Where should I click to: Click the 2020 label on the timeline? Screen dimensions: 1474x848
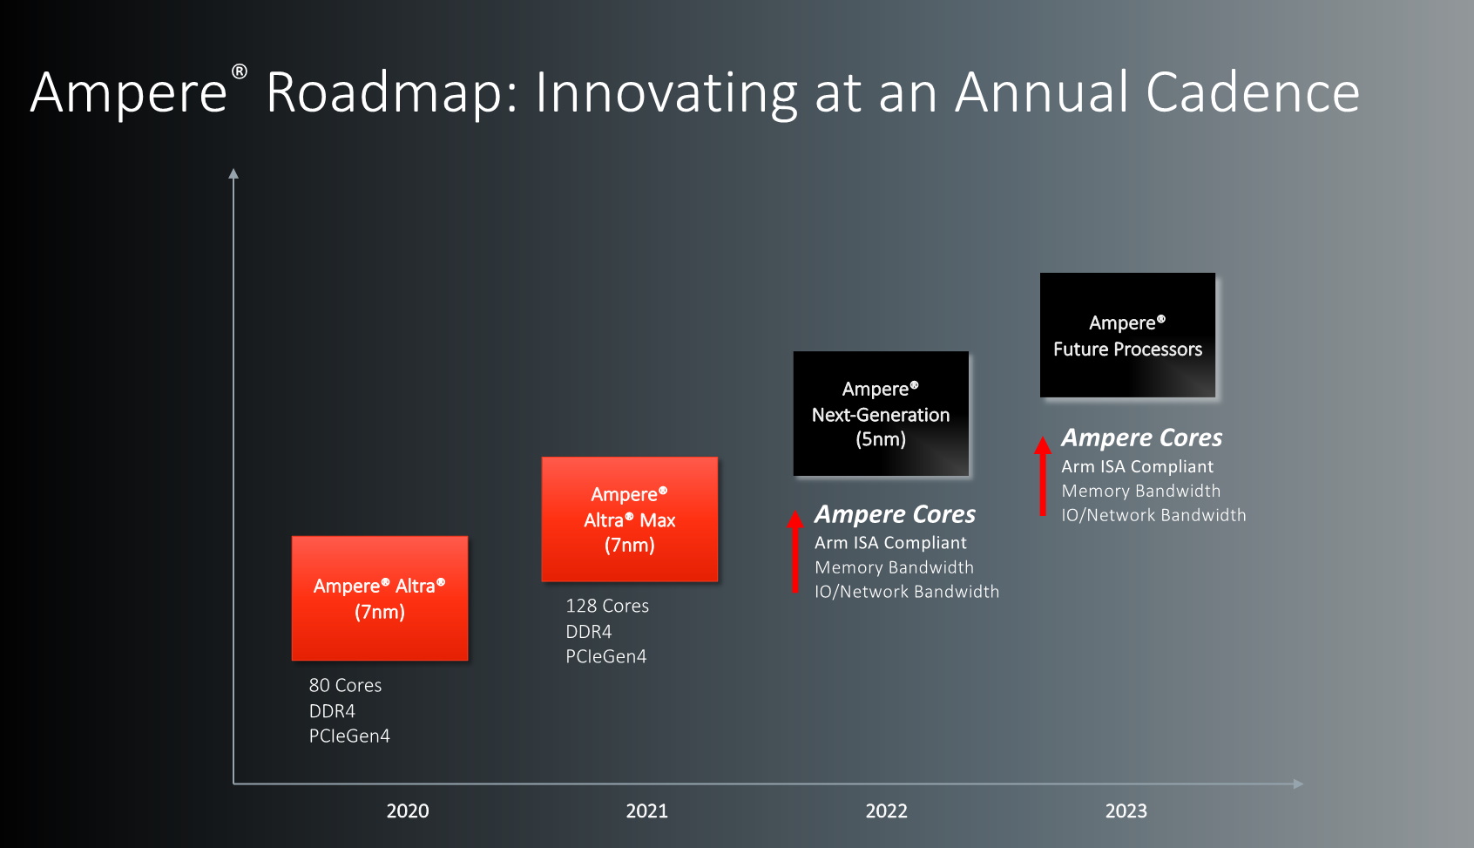click(408, 811)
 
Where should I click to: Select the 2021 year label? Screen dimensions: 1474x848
click(647, 811)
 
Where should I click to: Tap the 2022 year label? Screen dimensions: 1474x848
click(886, 811)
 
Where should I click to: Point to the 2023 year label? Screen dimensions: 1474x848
click(1126, 811)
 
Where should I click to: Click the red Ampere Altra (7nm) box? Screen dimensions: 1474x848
click(380, 598)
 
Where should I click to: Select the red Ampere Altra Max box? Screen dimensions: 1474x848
click(630, 519)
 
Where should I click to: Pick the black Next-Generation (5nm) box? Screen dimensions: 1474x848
click(881, 413)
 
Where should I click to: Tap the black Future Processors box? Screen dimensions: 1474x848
click(1128, 336)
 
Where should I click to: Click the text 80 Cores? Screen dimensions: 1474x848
click(346, 685)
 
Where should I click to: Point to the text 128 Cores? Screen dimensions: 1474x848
click(607, 606)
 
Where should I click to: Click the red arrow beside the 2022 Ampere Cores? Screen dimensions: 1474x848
click(794, 552)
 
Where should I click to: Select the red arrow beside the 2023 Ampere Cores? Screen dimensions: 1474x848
click(1042, 476)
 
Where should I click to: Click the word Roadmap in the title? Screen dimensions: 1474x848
click(392, 93)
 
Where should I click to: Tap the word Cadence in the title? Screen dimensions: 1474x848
click(1253, 92)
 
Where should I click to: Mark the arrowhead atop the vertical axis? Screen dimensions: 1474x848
click(233, 173)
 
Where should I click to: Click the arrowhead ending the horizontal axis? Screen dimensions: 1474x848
click(1298, 784)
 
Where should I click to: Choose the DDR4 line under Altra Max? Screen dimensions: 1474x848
click(589, 632)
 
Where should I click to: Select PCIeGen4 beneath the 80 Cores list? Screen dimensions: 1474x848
click(349, 736)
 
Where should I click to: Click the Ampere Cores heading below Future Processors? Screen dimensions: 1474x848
click(1142, 438)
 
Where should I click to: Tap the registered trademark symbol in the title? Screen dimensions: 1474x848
click(240, 71)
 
